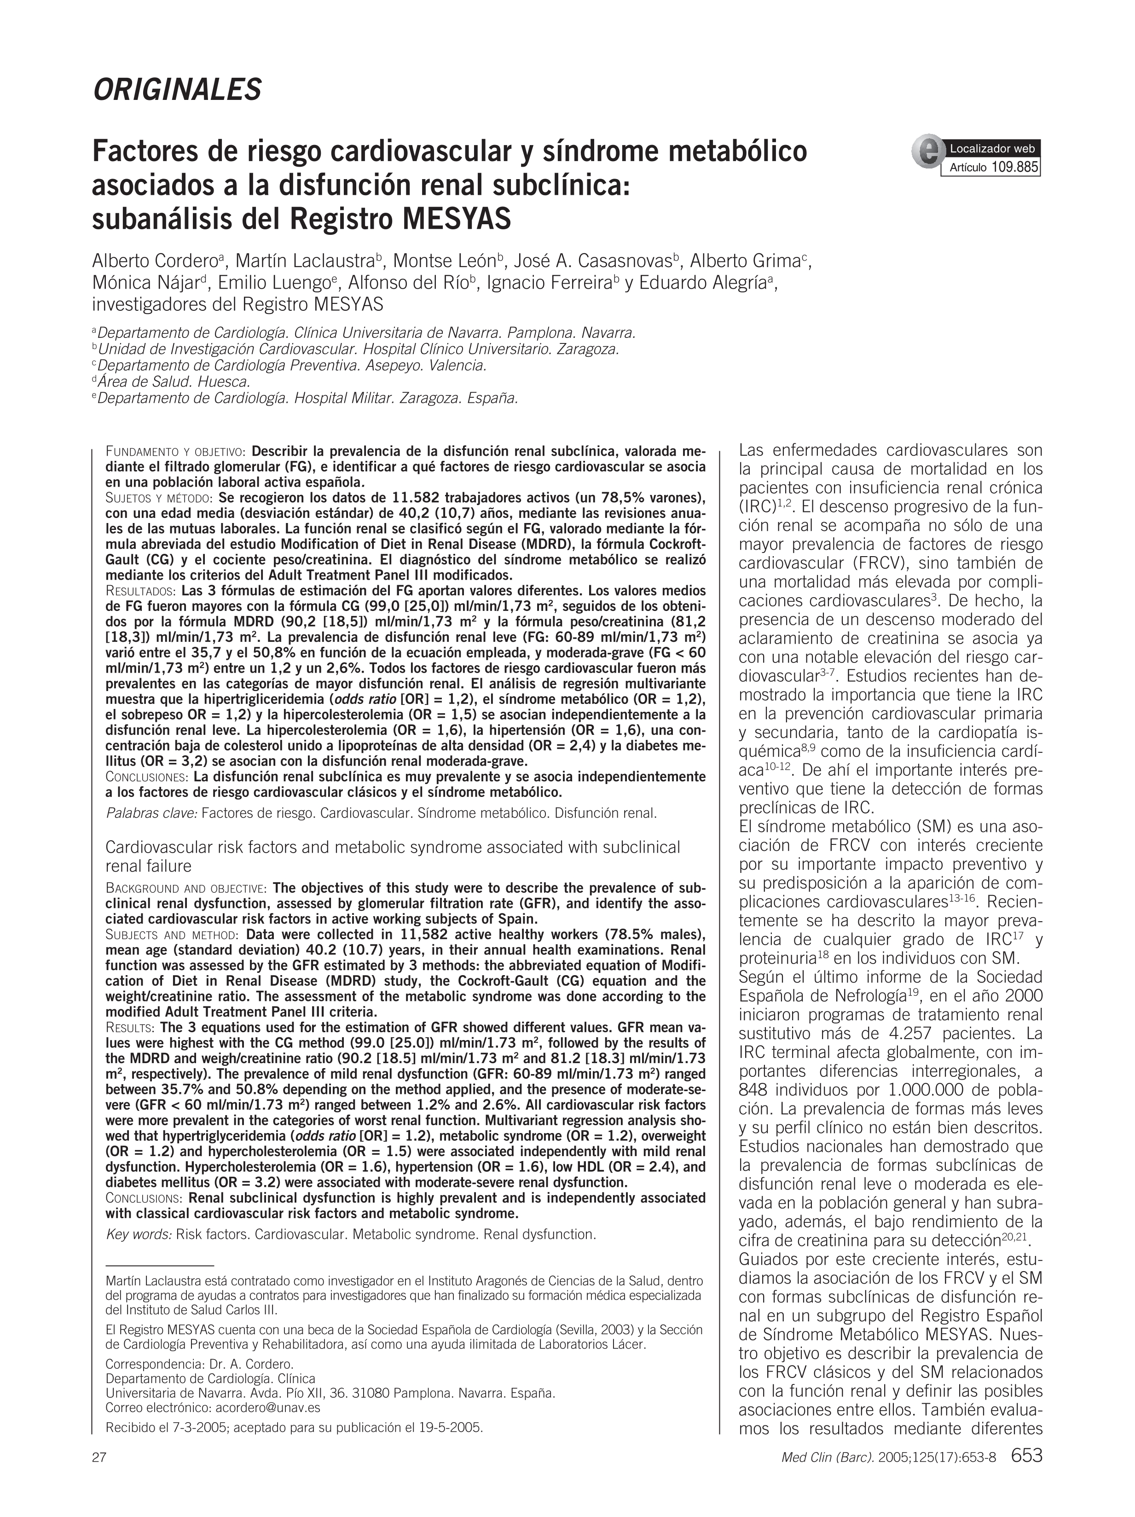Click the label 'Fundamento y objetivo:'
(176, 452)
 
